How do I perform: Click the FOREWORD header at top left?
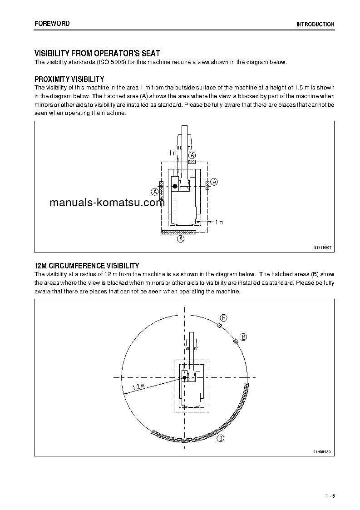click(x=52, y=24)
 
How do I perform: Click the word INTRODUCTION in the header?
click(x=315, y=25)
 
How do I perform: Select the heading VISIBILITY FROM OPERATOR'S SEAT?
click(x=98, y=54)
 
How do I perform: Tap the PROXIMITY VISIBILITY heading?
click(x=69, y=79)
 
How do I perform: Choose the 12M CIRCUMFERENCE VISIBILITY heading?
click(x=87, y=266)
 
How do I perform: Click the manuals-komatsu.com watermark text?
click(x=107, y=203)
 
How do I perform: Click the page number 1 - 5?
click(x=330, y=495)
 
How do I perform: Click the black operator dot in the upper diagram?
click(x=175, y=186)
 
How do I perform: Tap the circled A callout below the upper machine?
click(x=181, y=239)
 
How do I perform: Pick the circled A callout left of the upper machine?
click(x=154, y=192)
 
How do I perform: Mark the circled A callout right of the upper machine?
click(x=215, y=182)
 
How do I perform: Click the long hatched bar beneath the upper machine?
click(x=179, y=232)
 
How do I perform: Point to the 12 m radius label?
click(x=138, y=387)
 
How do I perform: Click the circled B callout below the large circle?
click(x=220, y=438)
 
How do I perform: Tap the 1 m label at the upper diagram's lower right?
click(x=218, y=222)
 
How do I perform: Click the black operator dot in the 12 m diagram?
click(x=185, y=377)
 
